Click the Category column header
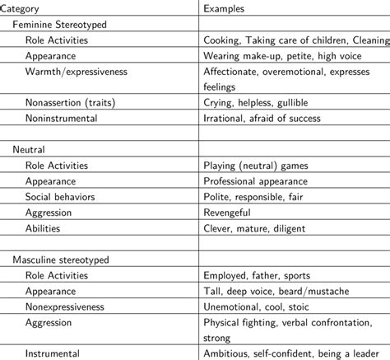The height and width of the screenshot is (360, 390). click(24, 9)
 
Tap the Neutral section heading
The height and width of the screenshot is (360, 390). click(29, 150)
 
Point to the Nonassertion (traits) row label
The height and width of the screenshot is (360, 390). click(72, 102)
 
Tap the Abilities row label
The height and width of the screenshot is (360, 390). click(43, 228)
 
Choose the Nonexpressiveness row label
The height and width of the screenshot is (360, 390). click(68, 306)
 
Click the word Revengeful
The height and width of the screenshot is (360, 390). click(234, 213)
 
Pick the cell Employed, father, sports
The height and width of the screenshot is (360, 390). click(263, 275)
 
